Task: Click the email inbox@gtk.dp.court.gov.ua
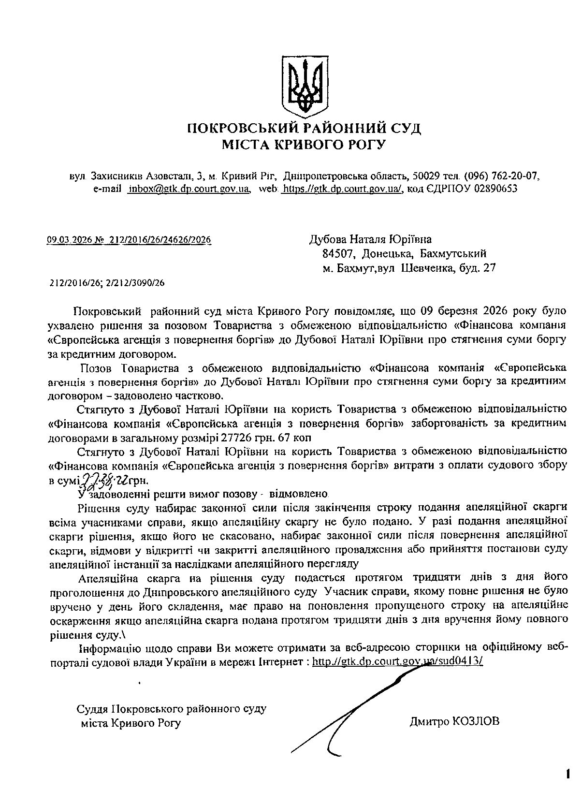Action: point(189,189)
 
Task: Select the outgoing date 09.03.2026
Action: point(65,240)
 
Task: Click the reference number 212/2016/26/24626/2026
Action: point(160,240)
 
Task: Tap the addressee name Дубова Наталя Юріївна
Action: point(371,239)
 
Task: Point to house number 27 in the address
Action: point(490,267)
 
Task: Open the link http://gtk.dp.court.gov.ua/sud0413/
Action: point(397,661)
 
